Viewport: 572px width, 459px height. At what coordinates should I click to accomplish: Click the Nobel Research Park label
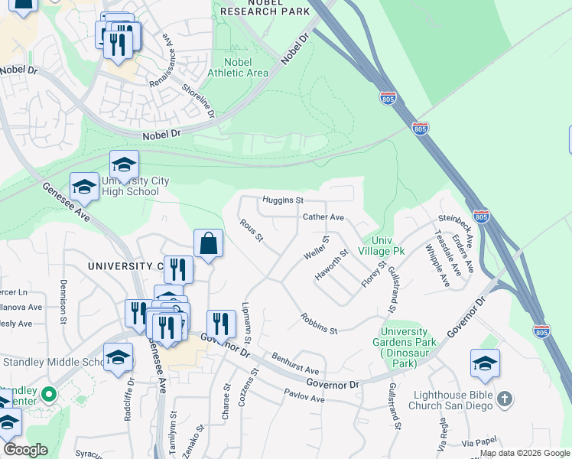tap(265, 8)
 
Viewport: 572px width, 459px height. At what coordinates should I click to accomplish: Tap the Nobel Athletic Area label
tap(245, 67)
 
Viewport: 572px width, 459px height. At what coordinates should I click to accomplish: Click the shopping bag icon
tap(208, 244)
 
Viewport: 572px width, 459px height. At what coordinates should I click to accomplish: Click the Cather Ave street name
tap(323, 217)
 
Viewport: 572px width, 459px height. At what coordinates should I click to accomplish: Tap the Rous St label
tap(252, 231)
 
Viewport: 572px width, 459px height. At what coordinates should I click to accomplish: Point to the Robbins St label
tap(319, 324)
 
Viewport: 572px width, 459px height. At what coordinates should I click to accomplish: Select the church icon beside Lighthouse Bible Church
tap(503, 399)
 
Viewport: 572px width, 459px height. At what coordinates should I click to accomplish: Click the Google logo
tap(25, 450)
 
